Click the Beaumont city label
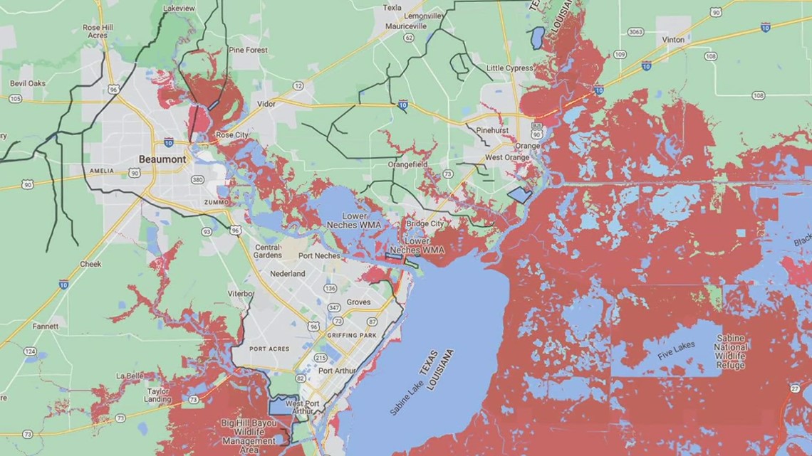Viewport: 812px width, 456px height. tap(162, 159)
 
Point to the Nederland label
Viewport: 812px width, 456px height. tap(288, 274)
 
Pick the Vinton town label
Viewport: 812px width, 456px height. tap(673, 41)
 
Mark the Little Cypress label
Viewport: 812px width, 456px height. tap(509, 68)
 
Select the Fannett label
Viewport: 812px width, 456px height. tap(46, 327)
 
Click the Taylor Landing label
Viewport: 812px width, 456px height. tap(158, 395)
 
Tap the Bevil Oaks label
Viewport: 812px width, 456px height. tap(28, 83)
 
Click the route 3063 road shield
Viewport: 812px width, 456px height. tap(636, 33)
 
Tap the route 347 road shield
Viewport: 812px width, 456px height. tap(333, 307)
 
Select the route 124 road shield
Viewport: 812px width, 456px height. tap(30, 351)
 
